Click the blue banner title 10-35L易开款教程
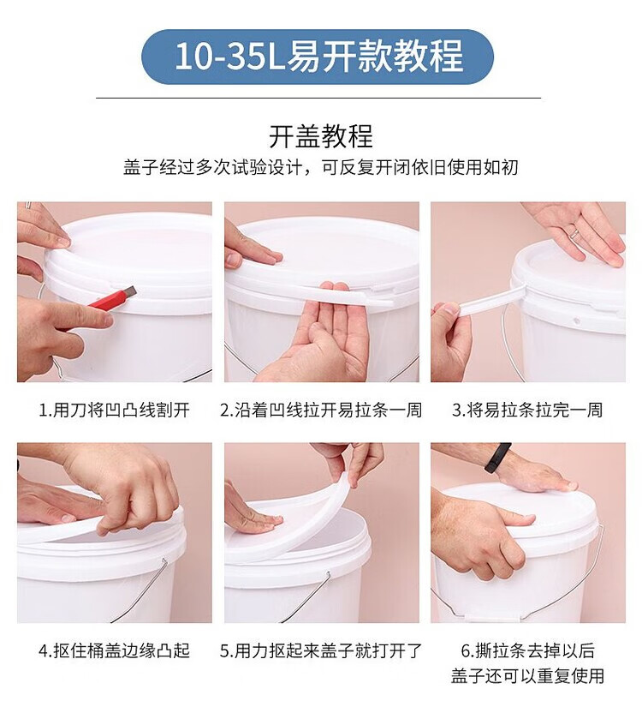tap(318, 57)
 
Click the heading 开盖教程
tap(321, 136)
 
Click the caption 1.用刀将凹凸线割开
tap(114, 410)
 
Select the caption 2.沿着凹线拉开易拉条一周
tap(321, 410)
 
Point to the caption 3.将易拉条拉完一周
tap(527, 410)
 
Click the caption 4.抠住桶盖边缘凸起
tap(114, 650)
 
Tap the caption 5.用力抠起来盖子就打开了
tap(321, 650)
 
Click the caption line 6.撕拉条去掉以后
tap(527, 650)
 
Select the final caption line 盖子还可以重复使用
tap(527, 676)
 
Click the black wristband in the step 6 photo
tap(497, 458)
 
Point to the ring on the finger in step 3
tap(575, 233)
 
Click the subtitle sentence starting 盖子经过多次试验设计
tap(321, 167)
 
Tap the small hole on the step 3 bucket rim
tap(576, 322)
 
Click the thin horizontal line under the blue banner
tap(318, 98)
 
